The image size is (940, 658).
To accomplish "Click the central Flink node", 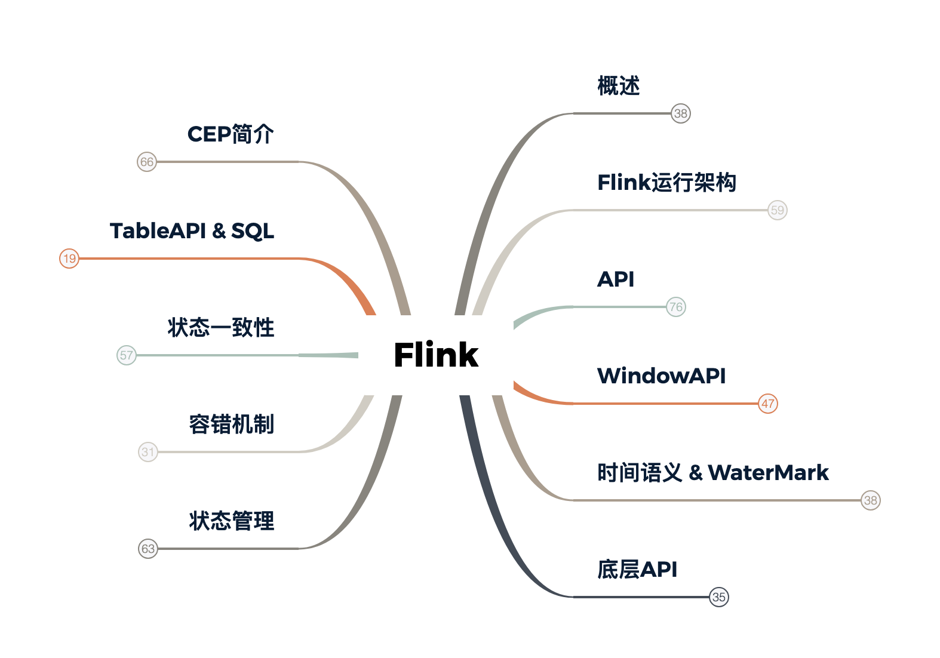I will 435,355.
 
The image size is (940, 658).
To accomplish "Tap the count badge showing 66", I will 147,162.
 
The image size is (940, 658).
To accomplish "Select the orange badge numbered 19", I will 69,259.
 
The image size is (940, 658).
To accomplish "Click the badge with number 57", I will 127,355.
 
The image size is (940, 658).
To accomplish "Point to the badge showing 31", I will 148,452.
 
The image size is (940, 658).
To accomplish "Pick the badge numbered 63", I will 148,549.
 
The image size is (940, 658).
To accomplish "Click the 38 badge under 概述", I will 681,113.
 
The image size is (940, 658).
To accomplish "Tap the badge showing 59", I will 778,210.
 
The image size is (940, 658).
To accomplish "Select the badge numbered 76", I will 676,307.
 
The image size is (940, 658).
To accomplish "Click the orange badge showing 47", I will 768,404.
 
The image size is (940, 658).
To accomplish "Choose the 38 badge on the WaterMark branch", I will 871,500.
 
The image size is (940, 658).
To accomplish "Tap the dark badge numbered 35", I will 719,597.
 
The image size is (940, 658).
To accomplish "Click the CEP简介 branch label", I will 231,134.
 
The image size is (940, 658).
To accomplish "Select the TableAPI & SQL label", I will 192,231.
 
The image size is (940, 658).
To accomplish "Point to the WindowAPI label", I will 662,376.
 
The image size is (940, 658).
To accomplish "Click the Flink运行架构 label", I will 666,182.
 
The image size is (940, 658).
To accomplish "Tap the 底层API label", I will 637,569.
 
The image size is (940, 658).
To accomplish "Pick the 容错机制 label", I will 231,425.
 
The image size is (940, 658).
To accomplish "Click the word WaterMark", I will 768,472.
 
